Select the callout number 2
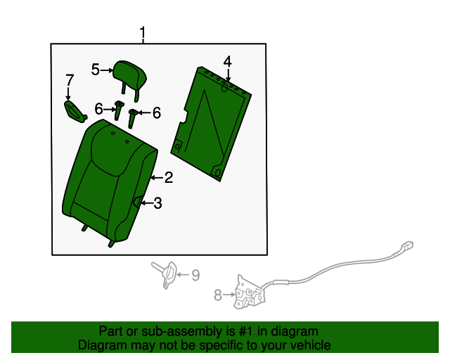169,177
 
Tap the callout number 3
157,203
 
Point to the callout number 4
227,62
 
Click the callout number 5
96,70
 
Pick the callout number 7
70,80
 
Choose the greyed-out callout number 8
218,295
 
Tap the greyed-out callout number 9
195,275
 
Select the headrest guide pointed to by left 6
119,110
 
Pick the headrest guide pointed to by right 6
132,118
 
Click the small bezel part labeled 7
75,112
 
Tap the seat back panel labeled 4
211,124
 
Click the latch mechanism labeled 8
249,292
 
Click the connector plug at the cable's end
407,245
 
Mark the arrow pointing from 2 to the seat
157,178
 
